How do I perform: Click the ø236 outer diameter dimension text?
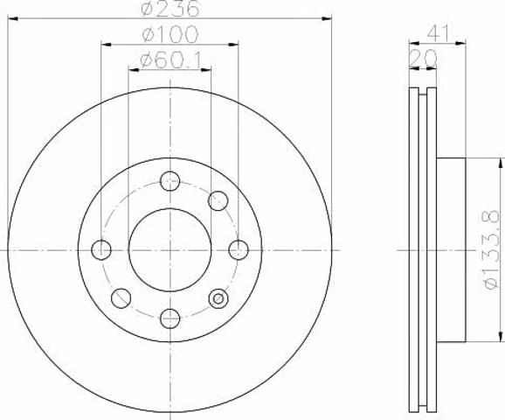point(170,9)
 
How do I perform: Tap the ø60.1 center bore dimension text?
point(170,60)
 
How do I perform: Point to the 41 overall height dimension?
point(438,33)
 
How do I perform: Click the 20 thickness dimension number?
point(423,58)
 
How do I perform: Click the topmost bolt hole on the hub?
point(169,181)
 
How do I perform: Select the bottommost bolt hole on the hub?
point(169,318)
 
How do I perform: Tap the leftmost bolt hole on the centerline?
point(101,249)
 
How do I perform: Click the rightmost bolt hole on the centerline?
point(239,249)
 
